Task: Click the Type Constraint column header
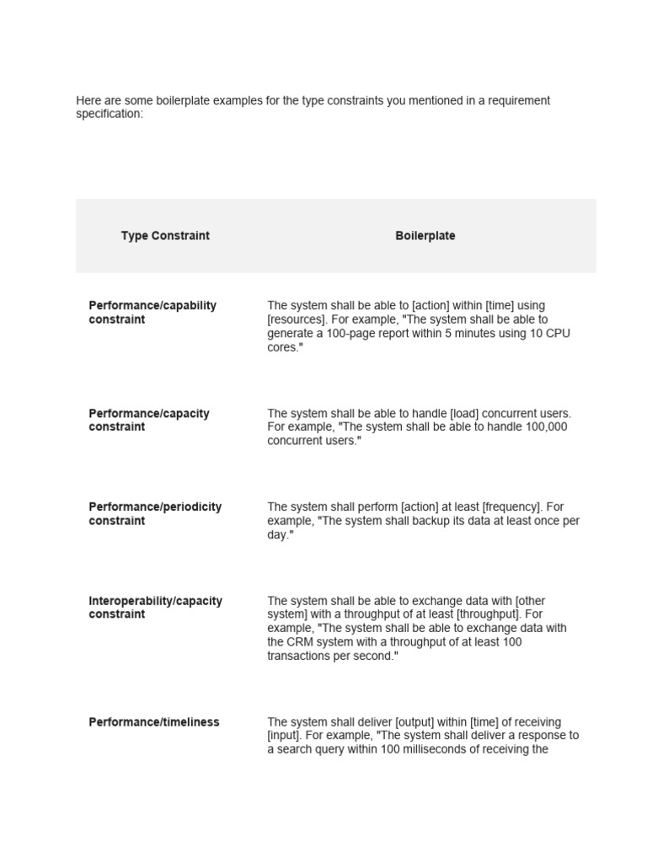click(165, 236)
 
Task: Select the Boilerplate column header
click(425, 236)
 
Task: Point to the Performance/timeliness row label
click(153, 722)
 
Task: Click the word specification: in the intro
click(110, 114)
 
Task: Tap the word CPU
click(557, 334)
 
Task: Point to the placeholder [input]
click(285, 736)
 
